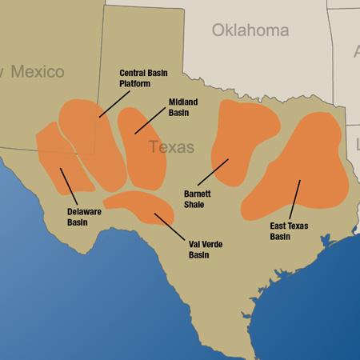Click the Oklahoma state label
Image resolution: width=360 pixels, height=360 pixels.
pos(250,30)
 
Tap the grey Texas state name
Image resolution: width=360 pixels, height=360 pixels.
pos(171,147)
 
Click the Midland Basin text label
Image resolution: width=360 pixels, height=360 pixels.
pos(183,107)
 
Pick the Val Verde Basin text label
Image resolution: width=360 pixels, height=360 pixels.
pos(203,250)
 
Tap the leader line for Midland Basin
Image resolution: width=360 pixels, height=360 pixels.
pos(150,119)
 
